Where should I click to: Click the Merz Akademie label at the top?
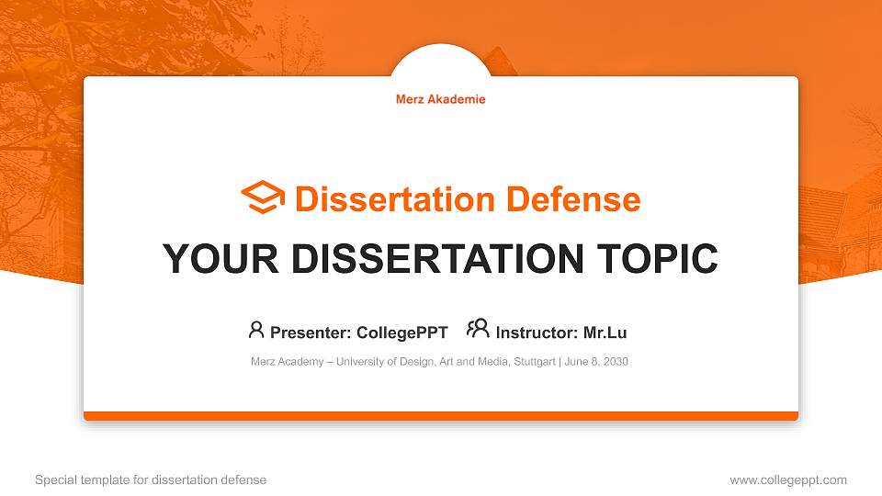[440, 99]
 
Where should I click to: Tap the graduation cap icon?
[263, 197]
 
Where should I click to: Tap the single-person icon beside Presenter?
[256, 330]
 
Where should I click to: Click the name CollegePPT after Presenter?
[403, 333]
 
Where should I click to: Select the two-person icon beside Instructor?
[478, 329]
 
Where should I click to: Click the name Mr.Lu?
[605, 333]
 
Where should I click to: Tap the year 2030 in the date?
[616, 362]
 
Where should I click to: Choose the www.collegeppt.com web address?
[788, 479]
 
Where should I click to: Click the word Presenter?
[310, 333]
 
